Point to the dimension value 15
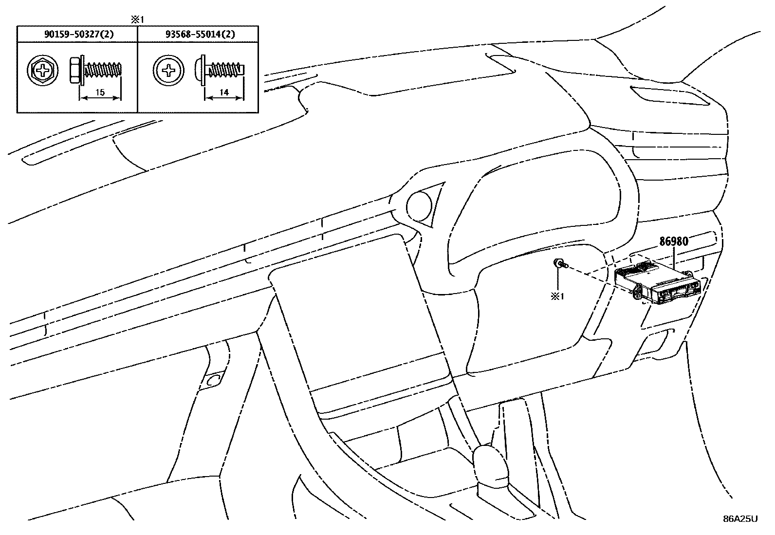pos(100,92)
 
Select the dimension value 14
pos(223,92)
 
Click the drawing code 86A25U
pos(740,519)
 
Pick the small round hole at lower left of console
pos(213,380)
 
